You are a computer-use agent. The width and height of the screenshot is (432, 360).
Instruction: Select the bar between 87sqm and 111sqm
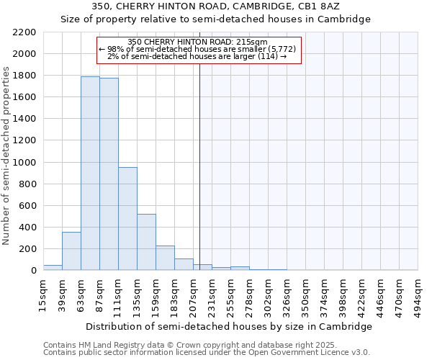pyautogui.click(x=109, y=174)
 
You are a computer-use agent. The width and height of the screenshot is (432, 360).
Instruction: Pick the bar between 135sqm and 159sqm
pyautogui.click(x=146, y=242)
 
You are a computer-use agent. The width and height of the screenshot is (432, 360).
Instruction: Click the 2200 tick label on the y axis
pyautogui.click(x=24, y=32)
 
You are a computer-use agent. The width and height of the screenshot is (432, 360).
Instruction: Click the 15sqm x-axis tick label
pyautogui.click(x=43, y=291)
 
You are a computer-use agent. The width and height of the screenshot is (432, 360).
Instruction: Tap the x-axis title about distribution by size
pyautogui.click(x=230, y=326)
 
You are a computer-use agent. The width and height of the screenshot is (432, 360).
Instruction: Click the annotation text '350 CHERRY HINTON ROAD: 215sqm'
pyautogui.click(x=197, y=42)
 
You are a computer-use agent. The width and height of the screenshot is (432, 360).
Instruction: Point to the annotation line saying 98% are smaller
pyautogui.click(x=197, y=49)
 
